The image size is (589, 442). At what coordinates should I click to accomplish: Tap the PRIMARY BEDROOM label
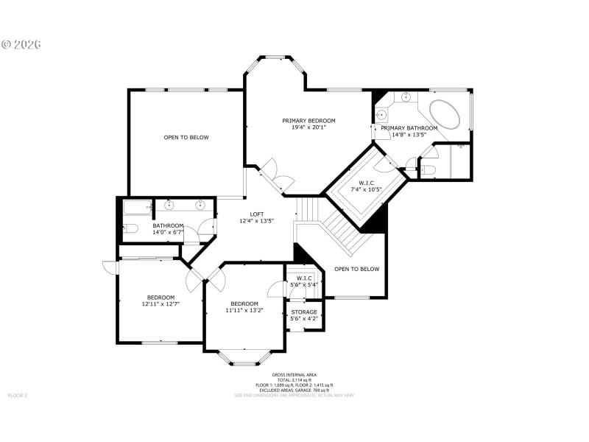point(308,121)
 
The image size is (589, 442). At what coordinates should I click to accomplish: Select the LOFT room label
point(256,214)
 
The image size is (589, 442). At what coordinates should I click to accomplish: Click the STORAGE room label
point(304,312)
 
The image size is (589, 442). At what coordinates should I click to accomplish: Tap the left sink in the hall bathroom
point(169,206)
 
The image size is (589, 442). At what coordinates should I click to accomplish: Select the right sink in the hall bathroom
point(200,206)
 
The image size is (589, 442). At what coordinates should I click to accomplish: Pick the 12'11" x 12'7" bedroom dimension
point(161,304)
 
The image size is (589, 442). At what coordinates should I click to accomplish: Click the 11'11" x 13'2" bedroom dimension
point(244,310)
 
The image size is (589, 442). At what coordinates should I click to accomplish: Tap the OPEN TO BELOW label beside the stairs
point(356,269)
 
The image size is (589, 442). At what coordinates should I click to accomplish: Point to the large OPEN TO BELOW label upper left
point(186,137)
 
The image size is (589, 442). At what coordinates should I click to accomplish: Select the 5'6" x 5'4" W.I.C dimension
point(304,284)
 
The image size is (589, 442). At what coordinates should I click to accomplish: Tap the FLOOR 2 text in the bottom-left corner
point(18,396)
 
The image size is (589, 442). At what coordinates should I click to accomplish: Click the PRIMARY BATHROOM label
point(409,128)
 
